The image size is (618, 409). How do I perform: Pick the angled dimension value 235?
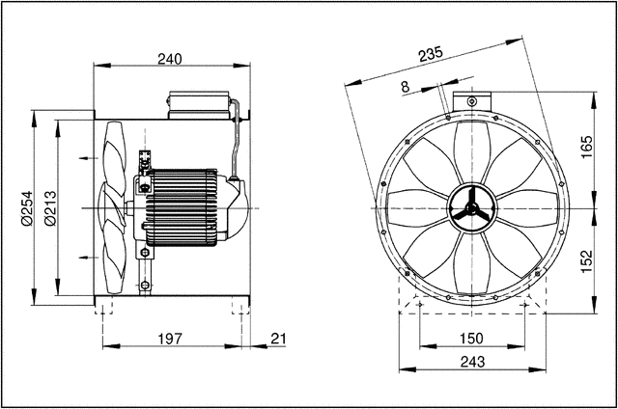(431, 54)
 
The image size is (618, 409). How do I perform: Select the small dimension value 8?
(404, 87)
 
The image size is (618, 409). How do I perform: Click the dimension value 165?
(585, 148)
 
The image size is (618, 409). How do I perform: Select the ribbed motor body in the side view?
(188, 207)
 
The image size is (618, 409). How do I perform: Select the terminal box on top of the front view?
(470, 100)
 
